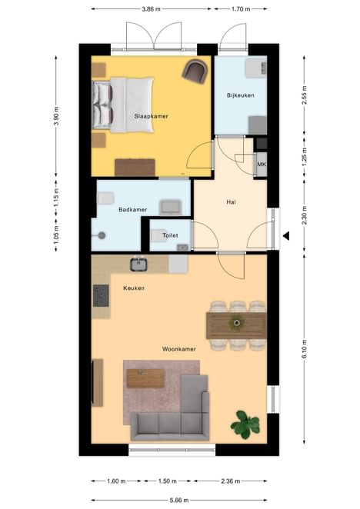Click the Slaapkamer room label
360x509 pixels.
coord(151,116)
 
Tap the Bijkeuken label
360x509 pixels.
coord(241,95)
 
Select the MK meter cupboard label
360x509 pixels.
coord(262,165)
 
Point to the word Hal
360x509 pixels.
coord(231,202)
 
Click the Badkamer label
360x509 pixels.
coord(133,210)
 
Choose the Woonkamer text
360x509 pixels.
coord(179,349)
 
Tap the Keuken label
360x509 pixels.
coord(134,288)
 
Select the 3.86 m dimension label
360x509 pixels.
coord(151,9)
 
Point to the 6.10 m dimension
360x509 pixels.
coord(304,349)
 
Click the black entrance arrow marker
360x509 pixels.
coord(286,236)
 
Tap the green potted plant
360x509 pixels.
coord(245,424)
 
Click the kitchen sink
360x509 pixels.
coord(139,264)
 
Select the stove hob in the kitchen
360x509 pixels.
coord(101,296)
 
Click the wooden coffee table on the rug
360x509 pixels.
coord(145,378)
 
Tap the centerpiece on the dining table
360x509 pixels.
coord(236,323)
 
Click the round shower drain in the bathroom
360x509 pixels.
coord(102,235)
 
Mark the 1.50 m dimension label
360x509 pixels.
coord(168,481)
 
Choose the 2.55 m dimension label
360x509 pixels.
coord(304,95)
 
